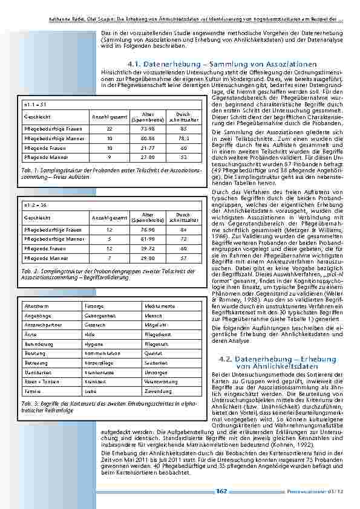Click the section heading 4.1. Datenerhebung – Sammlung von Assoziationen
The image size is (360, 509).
pos(222,64)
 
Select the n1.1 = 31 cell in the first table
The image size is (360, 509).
pos(31,105)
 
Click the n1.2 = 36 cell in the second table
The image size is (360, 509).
pos(31,205)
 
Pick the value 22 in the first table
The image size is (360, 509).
pos(109,129)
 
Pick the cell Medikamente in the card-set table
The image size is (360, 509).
pos(160,306)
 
